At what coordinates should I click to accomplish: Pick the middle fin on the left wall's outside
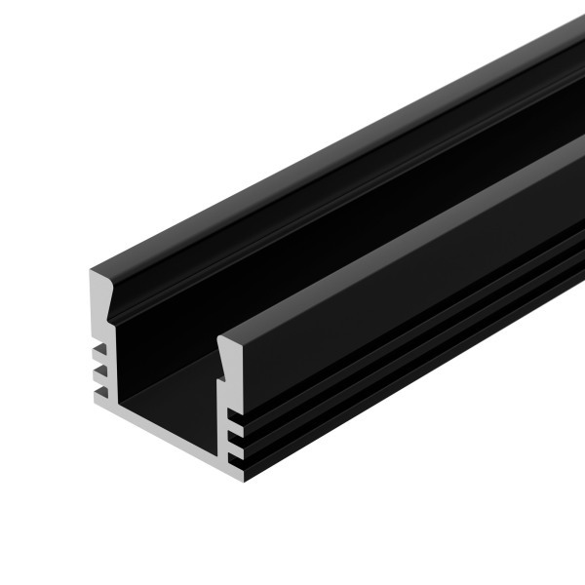[97, 371]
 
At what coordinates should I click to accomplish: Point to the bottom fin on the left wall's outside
[98, 393]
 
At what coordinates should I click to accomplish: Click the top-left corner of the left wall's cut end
[90, 270]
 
